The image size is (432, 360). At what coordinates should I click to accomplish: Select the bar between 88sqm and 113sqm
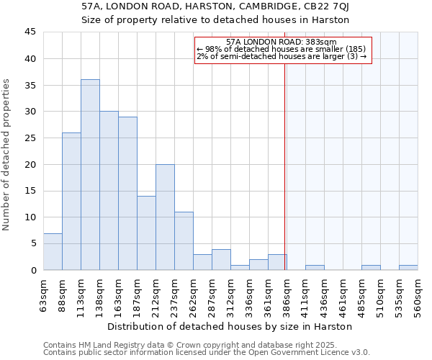pyautogui.click(x=71, y=202)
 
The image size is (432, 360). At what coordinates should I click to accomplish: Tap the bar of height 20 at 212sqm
pyautogui.click(x=165, y=217)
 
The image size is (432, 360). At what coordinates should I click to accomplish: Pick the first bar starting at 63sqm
pyautogui.click(x=53, y=252)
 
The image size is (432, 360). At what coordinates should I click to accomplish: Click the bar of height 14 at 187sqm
pyautogui.click(x=146, y=233)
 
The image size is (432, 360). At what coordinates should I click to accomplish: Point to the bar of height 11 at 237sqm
pyautogui.click(x=184, y=241)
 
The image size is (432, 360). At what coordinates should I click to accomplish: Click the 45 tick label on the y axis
pyautogui.click(x=30, y=32)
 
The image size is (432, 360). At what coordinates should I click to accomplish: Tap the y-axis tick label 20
pyautogui.click(x=30, y=165)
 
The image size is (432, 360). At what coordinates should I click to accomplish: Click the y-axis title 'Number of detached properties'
pyautogui.click(x=7, y=156)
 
